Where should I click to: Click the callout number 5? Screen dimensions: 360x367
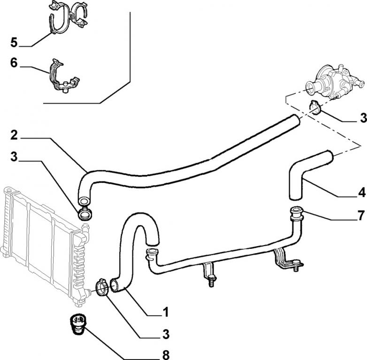click(14, 43)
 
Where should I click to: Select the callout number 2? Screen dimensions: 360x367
click(14, 135)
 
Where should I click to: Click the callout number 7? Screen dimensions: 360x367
click(361, 216)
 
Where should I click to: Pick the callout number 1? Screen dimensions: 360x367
click(165, 311)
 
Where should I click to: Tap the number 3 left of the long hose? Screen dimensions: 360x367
click(14, 157)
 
